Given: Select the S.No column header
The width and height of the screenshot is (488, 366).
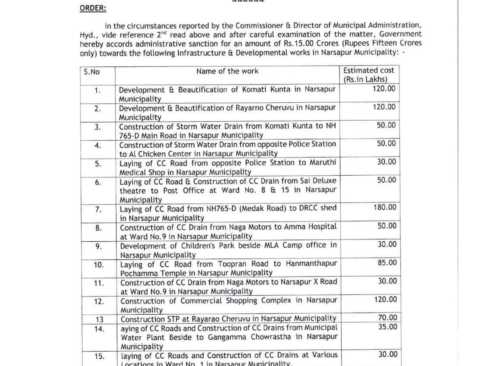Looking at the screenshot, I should pos(92,72).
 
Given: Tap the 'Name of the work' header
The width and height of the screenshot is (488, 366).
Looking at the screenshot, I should pos(227,71).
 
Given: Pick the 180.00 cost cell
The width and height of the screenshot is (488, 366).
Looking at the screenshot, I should pos(385,207).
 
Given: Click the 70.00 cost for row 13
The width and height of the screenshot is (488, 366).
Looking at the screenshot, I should pos(387,318).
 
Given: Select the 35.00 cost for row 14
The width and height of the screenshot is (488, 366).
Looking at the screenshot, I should pos(387,327).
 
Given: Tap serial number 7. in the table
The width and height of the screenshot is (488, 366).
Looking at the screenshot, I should pos(98,210).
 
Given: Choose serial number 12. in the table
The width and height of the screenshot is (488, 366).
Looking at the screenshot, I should pos(98,301).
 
